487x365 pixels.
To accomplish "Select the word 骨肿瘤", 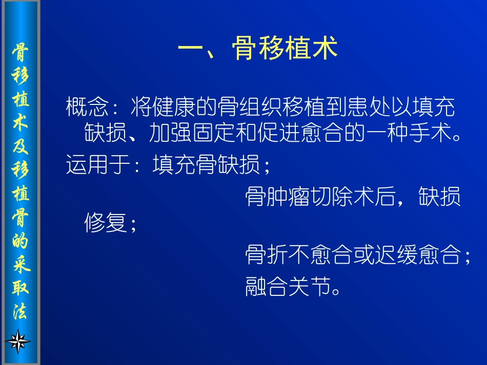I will (x=277, y=197).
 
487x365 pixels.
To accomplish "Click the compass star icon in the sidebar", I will (x=18, y=340).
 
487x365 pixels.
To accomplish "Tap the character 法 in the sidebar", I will (x=21, y=311).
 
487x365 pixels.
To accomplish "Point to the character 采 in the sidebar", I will (x=21, y=264).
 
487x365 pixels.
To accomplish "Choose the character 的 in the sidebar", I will (x=21, y=241).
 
